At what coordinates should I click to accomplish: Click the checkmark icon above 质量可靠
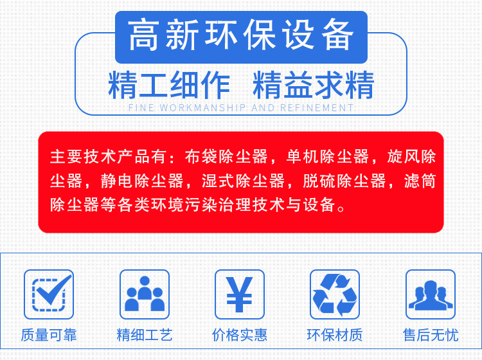tap(49, 294)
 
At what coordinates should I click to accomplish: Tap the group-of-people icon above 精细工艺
tap(145, 294)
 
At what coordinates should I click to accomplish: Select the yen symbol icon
tap(240, 294)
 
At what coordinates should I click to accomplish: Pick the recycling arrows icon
tap(335, 294)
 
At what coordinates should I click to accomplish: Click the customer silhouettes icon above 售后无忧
tap(431, 294)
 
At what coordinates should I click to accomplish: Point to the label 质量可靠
tap(49, 335)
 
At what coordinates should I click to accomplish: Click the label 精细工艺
tap(145, 335)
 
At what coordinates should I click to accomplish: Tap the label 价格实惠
tap(240, 335)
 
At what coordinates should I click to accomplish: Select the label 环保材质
tap(335, 335)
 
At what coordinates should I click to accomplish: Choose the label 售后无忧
tap(431, 335)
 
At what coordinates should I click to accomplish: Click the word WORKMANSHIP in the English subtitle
tap(202, 108)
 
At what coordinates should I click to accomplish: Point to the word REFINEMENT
tap(317, 108)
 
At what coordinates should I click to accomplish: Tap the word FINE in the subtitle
tap(141, 108)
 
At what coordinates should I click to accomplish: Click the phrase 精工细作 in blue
tap(169, 85)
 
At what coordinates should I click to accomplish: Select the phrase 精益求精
tap(313, 85)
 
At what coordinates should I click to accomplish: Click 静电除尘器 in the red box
tap(142, 181)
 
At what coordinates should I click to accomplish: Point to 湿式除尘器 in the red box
tap(243, 181)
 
